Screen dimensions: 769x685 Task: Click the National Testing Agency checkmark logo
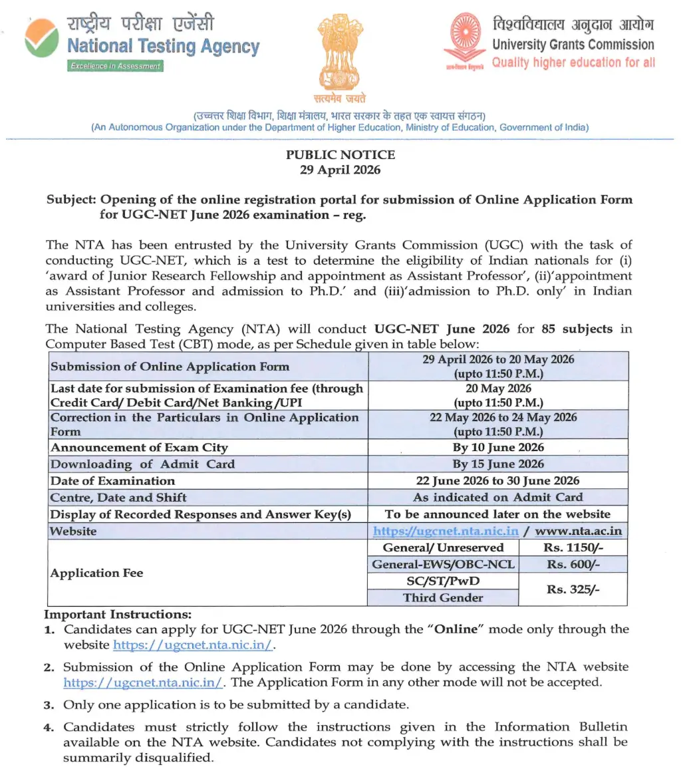pos(41,38)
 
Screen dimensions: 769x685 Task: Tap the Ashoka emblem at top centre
pos(341,53)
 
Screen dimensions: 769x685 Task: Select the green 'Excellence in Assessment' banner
pos(116,66)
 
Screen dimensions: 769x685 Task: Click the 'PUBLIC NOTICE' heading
pos(341,155)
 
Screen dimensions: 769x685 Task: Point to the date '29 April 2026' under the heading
pos(341,170)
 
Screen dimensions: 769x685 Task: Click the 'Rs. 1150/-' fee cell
pos(573,547)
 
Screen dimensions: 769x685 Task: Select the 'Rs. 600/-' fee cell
pos(573,564)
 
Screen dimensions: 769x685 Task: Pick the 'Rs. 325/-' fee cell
pos(573,589)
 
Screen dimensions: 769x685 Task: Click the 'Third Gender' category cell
pos(443,597)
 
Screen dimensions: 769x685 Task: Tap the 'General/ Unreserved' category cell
pos(443,547)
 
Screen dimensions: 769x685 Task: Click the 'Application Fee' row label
pos(97,573)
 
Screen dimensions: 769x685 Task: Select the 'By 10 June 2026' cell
pos(497,447)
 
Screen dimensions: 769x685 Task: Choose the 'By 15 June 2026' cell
pos(497,464)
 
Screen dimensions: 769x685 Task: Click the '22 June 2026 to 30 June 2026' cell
pos(497,480)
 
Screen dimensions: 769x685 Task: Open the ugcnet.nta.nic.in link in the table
pos(446,531)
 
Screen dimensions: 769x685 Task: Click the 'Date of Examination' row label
pos(113,480)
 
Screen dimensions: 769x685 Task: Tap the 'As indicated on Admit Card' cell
pos(497,497)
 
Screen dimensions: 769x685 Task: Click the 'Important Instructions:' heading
pos(118,614)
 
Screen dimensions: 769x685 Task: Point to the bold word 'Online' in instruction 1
pos(456,629)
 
